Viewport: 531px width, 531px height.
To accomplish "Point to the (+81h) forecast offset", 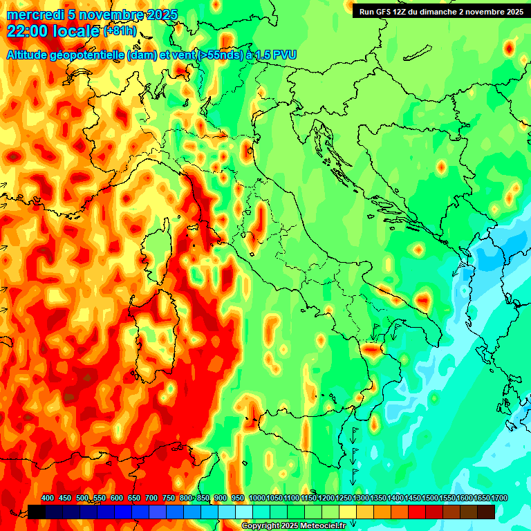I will [120, 31].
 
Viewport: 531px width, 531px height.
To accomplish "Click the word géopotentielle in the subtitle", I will [86, 55].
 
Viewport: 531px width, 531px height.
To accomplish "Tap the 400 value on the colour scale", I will [48, 498].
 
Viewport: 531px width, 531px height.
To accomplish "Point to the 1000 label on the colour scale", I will [257, 498].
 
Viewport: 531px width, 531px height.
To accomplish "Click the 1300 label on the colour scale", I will [360, 498].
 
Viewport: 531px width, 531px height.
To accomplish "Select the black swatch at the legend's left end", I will [37, 512].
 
